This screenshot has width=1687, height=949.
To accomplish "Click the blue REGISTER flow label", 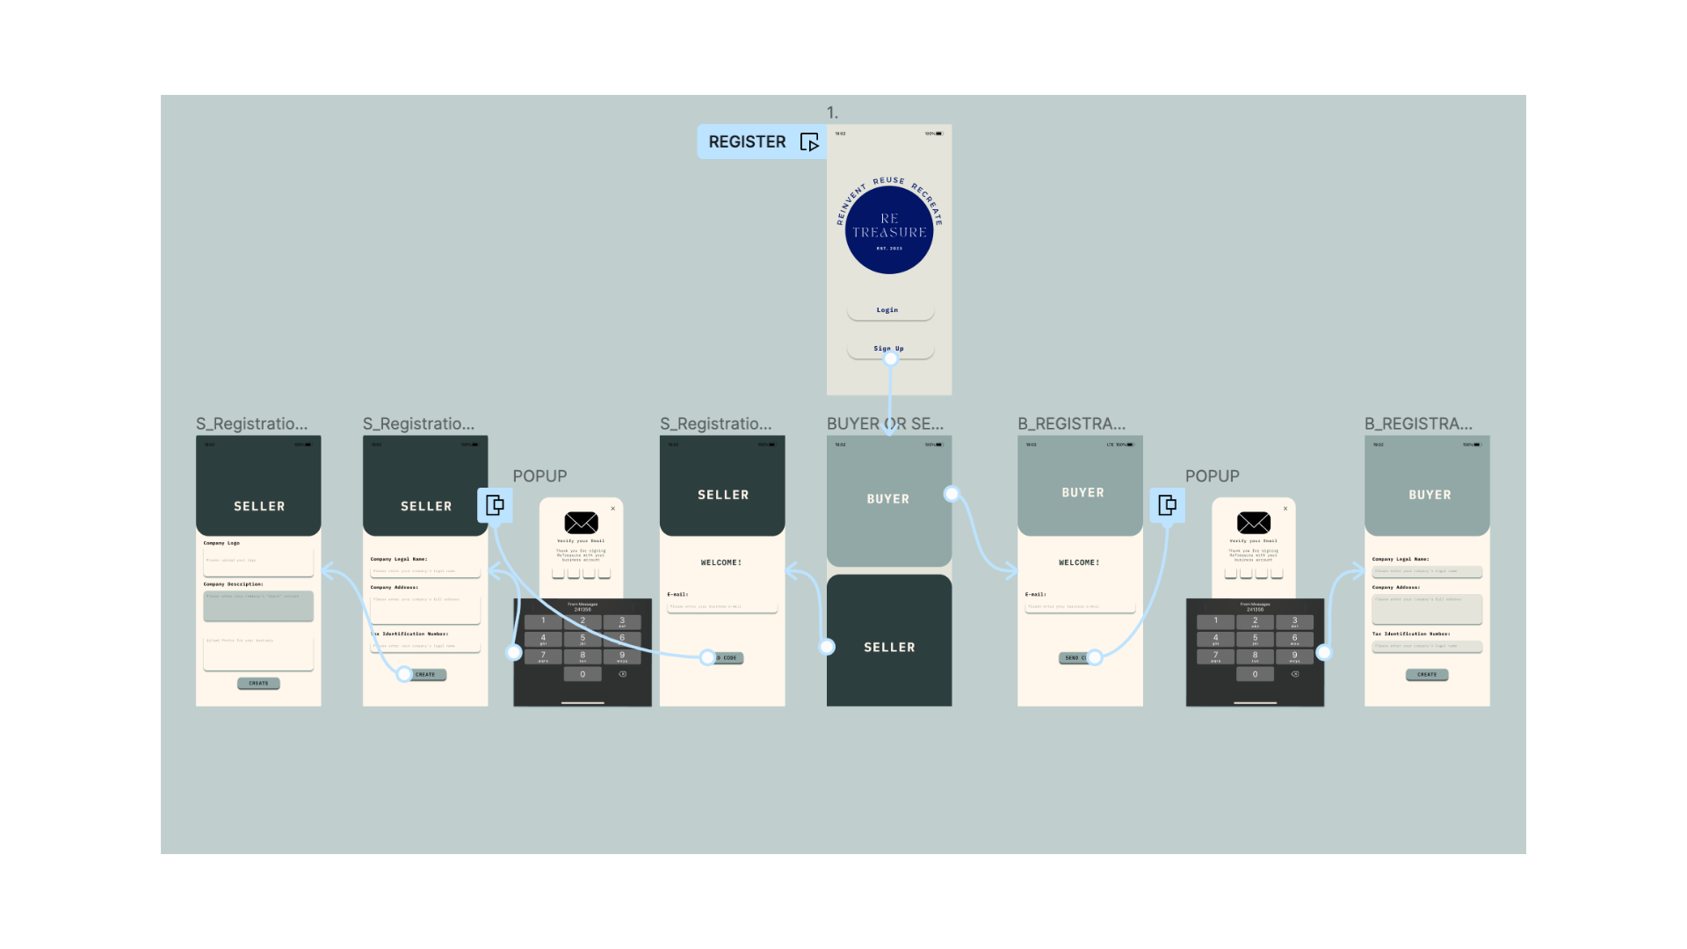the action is [747, 141].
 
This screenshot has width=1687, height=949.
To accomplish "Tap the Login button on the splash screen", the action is [888, 310].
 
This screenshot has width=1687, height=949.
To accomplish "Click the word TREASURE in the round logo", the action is [889, 233].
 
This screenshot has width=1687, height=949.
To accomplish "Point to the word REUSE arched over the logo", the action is [888, 181].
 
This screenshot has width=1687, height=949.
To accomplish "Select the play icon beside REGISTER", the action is [809, 142].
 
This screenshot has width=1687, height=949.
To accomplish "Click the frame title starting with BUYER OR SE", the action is [884, 424].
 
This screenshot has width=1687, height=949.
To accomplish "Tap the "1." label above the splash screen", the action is [832, 113].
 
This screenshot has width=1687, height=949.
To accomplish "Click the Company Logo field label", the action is [221, 543].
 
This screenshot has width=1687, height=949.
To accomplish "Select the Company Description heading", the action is [234, 584].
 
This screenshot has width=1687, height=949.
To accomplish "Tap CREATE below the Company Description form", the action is [258, 683].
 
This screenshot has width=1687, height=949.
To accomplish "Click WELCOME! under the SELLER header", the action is [721, 562].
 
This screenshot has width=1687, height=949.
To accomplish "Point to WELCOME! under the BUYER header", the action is [1079, 562].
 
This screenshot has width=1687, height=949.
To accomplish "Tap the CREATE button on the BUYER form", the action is [1427, 675].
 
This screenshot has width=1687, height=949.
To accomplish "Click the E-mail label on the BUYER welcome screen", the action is [1036, 595].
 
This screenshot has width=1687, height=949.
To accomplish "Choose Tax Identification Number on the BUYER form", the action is [1411, 634].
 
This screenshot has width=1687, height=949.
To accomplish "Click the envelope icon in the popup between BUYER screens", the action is [1253, 523].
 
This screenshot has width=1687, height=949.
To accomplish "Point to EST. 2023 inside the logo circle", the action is [889, 249].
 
